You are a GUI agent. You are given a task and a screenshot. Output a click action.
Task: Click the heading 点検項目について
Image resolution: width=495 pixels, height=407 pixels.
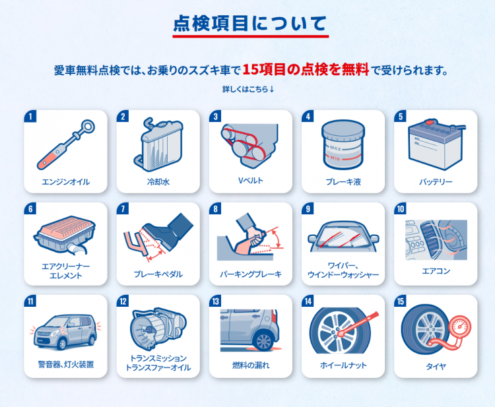[250, 23]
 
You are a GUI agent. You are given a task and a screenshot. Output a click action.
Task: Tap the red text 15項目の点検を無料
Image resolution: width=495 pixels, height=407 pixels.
[306, 69]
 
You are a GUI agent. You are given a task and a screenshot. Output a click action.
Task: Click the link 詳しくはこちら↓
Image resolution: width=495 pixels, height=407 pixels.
[248, 89]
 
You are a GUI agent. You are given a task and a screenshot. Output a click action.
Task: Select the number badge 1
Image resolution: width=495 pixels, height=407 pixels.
[30, 116]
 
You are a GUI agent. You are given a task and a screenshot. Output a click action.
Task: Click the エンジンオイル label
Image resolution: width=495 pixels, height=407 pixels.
[65, 181]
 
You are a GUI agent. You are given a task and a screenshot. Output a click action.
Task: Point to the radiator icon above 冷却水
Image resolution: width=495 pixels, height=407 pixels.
[158, 144]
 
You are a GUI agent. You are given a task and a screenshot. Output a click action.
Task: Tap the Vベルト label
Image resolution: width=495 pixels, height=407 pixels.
[251, 181]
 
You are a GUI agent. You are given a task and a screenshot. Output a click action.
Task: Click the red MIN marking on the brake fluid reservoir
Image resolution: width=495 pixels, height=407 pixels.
[335, 158]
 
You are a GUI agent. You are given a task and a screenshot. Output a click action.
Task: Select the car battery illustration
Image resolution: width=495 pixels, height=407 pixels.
[437, 144]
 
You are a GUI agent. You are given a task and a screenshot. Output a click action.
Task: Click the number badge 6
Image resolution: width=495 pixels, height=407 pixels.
[30, 209]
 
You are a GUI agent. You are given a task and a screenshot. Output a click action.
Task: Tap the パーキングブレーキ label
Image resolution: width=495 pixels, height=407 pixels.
[251, 274]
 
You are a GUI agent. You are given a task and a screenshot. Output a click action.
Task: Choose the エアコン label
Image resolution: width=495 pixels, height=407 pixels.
[436, 271]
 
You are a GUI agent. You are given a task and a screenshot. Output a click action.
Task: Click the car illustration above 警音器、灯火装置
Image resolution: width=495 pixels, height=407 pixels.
[65, 332]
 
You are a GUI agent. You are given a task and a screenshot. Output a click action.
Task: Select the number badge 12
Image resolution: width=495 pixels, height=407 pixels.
[123, 301]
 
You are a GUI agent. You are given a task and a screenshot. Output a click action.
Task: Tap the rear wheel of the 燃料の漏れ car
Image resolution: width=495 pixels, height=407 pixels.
[264, 341]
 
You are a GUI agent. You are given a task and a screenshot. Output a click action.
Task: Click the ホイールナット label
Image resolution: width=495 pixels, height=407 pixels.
[343, 365]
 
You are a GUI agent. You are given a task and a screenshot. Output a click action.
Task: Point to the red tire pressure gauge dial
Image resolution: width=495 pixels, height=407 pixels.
[459, 327]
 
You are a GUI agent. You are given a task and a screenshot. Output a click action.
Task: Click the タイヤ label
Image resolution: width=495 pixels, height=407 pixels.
[436, 367]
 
